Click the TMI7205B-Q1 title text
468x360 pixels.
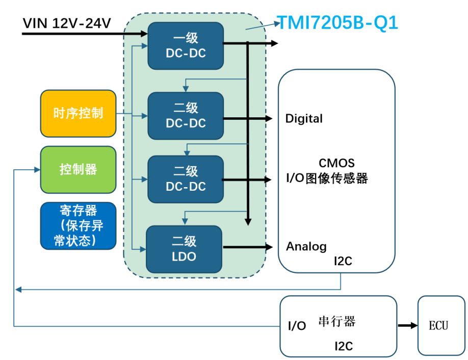pos(336,23)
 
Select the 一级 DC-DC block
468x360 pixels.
pos(186,45)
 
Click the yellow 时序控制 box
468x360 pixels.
pos(78,113)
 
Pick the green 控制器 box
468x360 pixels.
pos(78,169)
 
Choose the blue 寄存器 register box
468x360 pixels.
pos(78,225)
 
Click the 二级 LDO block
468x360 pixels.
pos(184,249)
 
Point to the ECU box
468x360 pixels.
pos(441,325)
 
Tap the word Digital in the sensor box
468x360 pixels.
pos(304,119)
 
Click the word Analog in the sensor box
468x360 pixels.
pos(306,247)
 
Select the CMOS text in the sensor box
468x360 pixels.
pos(336,164)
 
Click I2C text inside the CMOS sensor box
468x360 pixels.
pos(343,262)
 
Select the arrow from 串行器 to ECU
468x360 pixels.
pos(407,325)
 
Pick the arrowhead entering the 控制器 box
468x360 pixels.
pos(37,170)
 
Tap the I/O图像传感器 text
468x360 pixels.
pos(326,178)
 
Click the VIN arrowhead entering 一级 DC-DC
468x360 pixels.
pos(144,34)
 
